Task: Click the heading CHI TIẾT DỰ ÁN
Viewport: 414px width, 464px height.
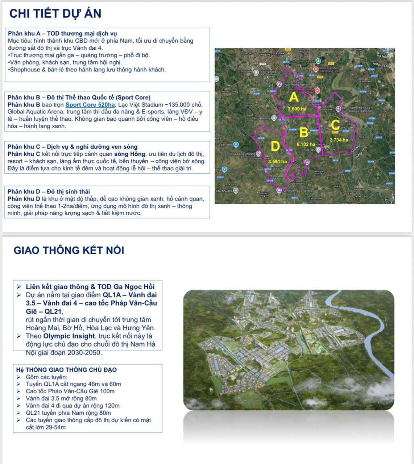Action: click(x=55, y=14)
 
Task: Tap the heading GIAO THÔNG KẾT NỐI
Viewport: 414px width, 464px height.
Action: click(x=69, y=250)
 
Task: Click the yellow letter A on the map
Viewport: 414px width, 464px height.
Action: click(x=294, y=97)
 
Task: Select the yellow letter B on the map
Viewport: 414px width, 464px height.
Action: click(x=304, y=132)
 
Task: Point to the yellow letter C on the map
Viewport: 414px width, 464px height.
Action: click(x=335, y=125)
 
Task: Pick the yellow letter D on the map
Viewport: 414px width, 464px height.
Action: click(x=276, y=146)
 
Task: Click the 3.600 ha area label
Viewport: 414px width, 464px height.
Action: click(x=297, y=109)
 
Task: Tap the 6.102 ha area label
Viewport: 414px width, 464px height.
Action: click(x=306, y=144)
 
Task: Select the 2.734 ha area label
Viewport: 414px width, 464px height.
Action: click(x=339, y=140)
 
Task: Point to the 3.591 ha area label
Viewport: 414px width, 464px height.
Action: click(x=278, y=162)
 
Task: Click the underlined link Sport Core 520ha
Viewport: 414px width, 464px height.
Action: click(x=90, y=105)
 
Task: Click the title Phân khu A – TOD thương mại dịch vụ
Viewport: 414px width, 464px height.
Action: click(x=62, y=34)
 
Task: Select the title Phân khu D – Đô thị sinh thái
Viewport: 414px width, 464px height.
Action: click(x=49, y=191)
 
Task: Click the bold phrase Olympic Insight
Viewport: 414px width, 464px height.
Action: click(x=69, y=336)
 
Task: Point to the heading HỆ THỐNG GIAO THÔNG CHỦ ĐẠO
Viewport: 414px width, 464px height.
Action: click(x=66, y=370)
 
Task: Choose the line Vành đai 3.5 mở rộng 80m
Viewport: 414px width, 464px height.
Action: click(x=61, y=398)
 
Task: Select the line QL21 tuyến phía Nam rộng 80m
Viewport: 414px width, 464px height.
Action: click(x=68, y=413)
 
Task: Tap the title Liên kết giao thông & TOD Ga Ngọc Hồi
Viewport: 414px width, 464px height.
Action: click(x=90, y=287)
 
